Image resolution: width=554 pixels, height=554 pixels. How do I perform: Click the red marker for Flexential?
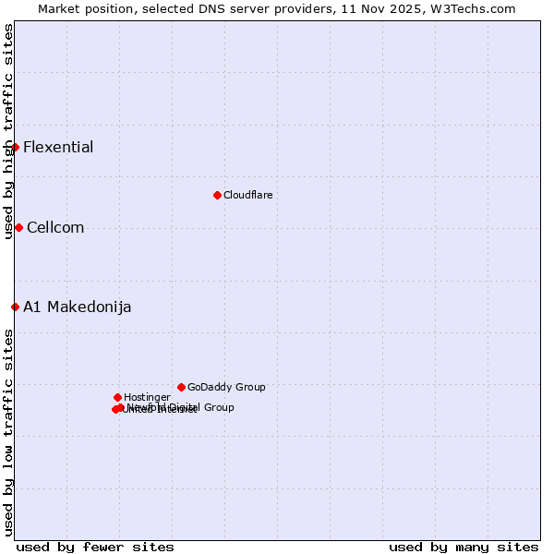pos(15,147)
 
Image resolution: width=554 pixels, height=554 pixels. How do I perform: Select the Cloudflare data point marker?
pos(217,195)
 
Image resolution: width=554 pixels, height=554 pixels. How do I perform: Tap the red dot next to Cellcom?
pos(18,227)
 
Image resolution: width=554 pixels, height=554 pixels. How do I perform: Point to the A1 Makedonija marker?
pos(15,307)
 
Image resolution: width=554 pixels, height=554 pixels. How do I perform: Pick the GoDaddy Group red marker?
pos(181,387)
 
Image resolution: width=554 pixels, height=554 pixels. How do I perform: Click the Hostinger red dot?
pos(117,397)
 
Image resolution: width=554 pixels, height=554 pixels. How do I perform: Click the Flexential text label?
pos(58,148)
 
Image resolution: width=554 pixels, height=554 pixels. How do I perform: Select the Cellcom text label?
pos(55,228)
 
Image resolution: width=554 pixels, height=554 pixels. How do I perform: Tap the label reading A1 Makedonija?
pos(77,307)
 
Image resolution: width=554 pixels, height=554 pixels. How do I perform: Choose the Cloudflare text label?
pos(247,195)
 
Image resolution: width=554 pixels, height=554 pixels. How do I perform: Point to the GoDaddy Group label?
pos(226,387)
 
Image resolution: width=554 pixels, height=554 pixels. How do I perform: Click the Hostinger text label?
pos(147,397)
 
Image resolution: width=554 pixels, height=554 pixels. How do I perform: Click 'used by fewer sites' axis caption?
pos(95,547)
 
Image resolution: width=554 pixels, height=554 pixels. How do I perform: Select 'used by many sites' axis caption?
pos(464,547)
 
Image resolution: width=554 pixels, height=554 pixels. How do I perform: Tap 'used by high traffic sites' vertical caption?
pos(8,131)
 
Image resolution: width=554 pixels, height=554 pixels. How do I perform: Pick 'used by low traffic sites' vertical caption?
pos(8,432)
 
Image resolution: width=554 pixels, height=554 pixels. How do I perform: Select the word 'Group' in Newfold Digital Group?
pos(218,407)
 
